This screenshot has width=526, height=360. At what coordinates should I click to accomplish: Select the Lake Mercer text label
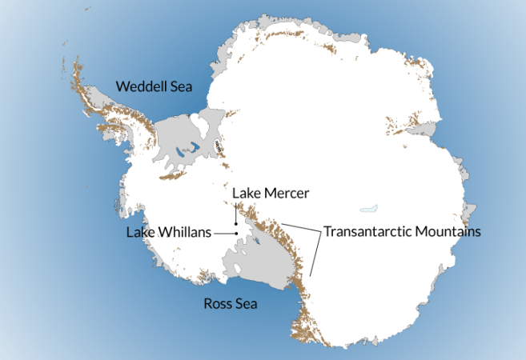270,193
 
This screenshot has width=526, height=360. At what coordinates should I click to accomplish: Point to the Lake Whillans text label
168,232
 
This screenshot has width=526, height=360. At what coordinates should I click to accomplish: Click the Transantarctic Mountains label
402,232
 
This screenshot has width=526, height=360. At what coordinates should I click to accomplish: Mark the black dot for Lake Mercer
235,222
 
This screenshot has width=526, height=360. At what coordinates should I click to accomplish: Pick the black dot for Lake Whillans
237,233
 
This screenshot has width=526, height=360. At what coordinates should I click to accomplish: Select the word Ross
217,303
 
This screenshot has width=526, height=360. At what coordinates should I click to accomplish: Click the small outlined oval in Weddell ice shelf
218,146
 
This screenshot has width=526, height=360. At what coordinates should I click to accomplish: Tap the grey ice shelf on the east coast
425,127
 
